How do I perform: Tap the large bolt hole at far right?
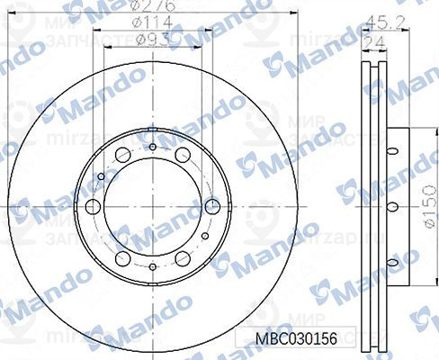[213, 206]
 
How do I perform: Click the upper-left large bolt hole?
[121, 154]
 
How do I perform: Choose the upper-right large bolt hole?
[183, 154]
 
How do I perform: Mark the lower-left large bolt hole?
[121, 259]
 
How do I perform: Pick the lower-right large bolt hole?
[183, 259]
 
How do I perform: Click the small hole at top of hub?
[152, 147]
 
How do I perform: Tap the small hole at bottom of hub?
[152, 266]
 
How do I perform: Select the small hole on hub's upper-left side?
[101, 176]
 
